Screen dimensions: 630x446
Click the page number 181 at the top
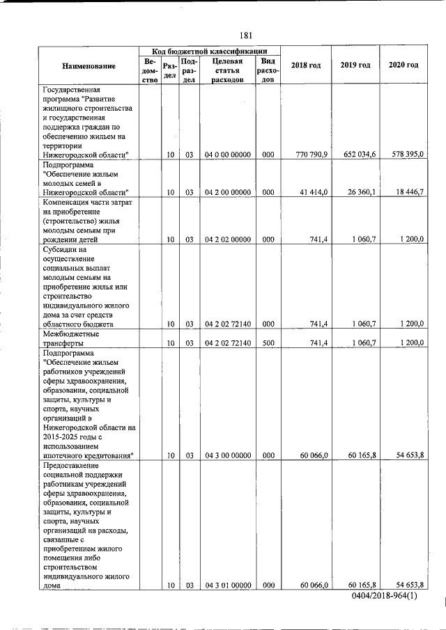[x=245, y=35]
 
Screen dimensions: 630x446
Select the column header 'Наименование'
[x=89, y=65]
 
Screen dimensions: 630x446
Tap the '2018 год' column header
[x=306, y=65]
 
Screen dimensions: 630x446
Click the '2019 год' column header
[x=355, y=65]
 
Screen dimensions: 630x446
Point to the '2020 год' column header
[x=403, y=65]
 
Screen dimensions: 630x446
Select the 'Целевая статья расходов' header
[x=226, y=70]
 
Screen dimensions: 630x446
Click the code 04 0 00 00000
[x=227, y=155]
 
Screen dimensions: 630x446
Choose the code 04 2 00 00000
[x=227, y=191]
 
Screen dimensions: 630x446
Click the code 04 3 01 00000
[x=227, y=585]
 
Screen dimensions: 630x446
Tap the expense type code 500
[x=268, y=342]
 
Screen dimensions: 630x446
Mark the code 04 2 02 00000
[x=227, y=239]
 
